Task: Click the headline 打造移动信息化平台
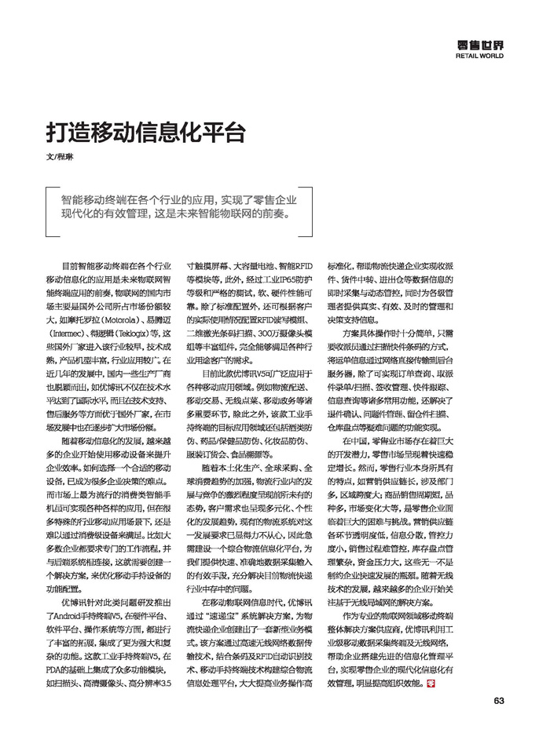tap(145, 129)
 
